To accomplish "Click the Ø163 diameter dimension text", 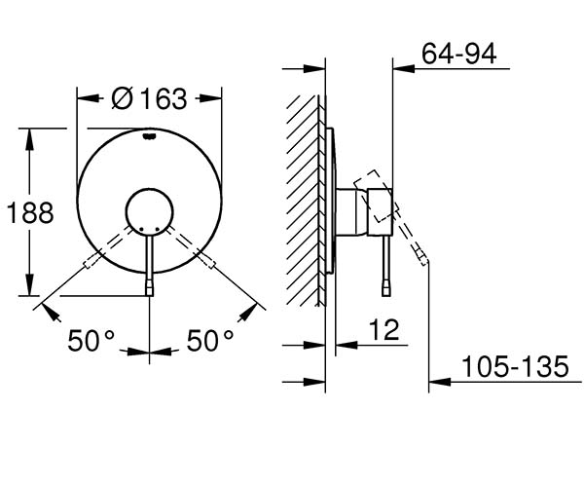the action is [x=149, y=99].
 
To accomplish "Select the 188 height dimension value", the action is [x=30, y=213].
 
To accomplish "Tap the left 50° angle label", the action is [x=91, y=341].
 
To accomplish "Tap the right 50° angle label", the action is [x=210, y=341].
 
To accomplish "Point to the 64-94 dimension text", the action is [x=458, y=54].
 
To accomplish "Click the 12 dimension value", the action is [x=384, y=330].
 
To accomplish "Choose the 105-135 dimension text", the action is [x=515, y=366].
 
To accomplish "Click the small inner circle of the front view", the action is [x=149, y=212].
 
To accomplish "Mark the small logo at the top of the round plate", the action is [x=149, y=136].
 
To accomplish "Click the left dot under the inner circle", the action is [x=141, y=229].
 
